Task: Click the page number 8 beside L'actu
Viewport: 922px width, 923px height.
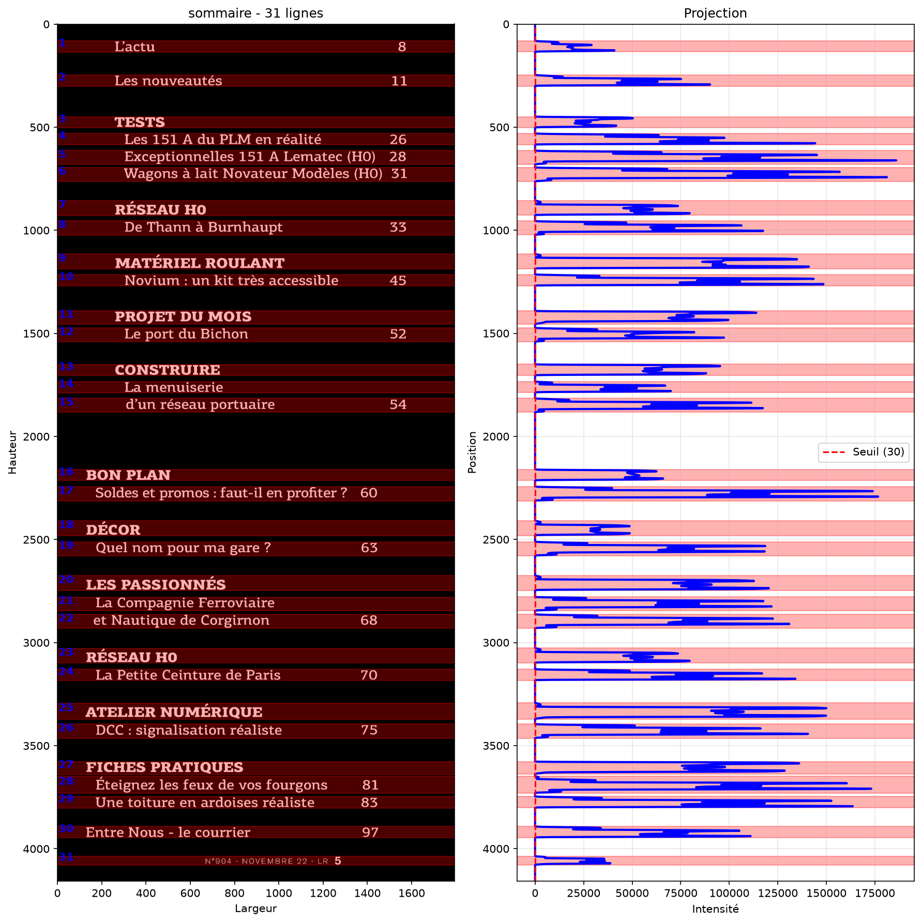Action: click(402, 47)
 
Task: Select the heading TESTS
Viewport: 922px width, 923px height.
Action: click(140, 123)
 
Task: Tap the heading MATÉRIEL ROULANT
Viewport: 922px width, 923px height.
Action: click(200, 263)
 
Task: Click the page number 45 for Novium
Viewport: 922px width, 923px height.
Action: click(398, 281)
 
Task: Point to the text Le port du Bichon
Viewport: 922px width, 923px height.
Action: click(186, 334)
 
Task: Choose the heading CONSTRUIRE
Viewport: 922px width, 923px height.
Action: click(168, 370)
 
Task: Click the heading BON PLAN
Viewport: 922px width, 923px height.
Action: click(128, 475)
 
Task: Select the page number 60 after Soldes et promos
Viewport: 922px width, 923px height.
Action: click(369, 493)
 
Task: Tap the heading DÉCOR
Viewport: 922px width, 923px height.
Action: click(113, 529)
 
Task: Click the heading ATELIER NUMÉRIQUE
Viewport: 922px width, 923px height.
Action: click(174, 712)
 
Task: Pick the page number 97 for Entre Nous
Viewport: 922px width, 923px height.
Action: click(370, 833)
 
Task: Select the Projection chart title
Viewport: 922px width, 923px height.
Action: click(715, 13)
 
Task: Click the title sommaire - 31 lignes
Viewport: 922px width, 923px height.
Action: click(255, 13)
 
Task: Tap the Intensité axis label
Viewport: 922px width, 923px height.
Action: click(715, 909)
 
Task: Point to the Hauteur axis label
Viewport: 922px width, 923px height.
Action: click(12, 452)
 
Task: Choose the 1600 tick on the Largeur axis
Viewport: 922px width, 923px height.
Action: click(412, 893)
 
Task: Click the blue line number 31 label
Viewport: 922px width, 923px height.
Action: click(66, 857)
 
